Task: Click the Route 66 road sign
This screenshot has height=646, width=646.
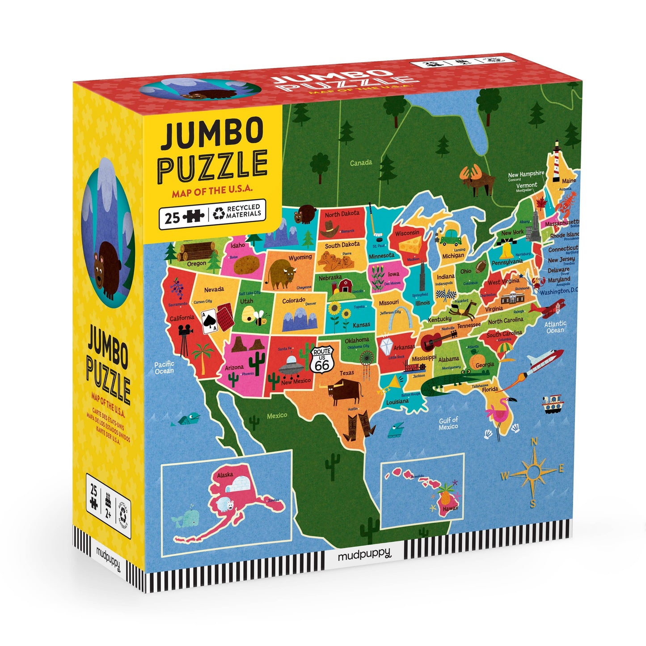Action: pyautogui.click(x=322, y=359)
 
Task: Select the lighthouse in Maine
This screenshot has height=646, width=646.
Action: pyautogui.click(x=556, y=161)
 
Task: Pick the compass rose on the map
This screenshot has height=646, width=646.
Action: pyautogui.click(x=533, y=471)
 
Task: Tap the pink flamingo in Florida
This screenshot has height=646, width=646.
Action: pyautogui.click(x=500, y=411)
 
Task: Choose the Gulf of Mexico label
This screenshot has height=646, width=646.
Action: pyautogui.click(x=448, y=423)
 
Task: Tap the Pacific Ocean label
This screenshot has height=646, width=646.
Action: pyautogui.click(x=164, y=367)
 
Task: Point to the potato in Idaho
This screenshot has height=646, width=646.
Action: pyautogui.click(x=246, y=265)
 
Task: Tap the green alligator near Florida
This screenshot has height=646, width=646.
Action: pyautogui.click(x=447, y=384)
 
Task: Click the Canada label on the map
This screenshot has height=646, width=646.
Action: pyautogui.click(x=360, y=163)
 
